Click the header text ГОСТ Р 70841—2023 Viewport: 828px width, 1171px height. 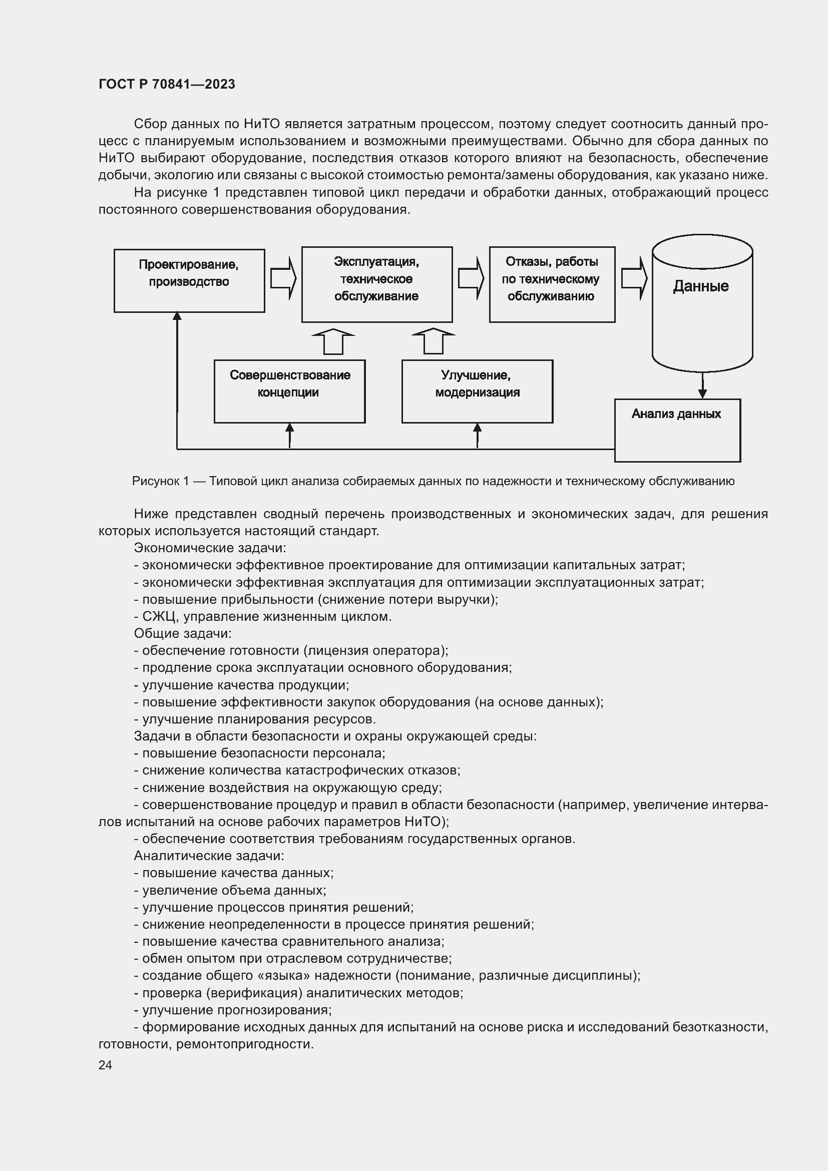click(x=167, y=84)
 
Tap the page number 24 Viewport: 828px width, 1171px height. click(x=105, y=1065)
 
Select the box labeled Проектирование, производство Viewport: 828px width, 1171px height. click(x=189, y=280)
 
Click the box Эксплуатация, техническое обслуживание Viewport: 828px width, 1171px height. click(x=376, y=284)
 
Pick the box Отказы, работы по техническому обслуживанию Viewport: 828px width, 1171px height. click(x=552, y=284)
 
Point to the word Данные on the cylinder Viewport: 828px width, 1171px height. click(x=700, y=286)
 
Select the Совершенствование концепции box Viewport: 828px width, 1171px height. click(x=289, y=391)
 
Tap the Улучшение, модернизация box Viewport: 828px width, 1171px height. click(x=477, y=391)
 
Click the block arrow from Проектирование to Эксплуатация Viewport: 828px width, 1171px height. click(x=283, y=278)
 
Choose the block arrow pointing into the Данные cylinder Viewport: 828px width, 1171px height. click(x=634, y=278)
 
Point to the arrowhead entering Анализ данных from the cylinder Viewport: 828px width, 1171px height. click(x=702, y=394)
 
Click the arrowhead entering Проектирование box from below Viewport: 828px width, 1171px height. click(x=177, y=316)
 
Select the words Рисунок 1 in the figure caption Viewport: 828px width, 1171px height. click(x=161, y=481)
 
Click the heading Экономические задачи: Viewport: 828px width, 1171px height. click(x=210, y=548)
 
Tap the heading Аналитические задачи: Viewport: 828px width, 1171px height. click(x=209, y=856)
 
